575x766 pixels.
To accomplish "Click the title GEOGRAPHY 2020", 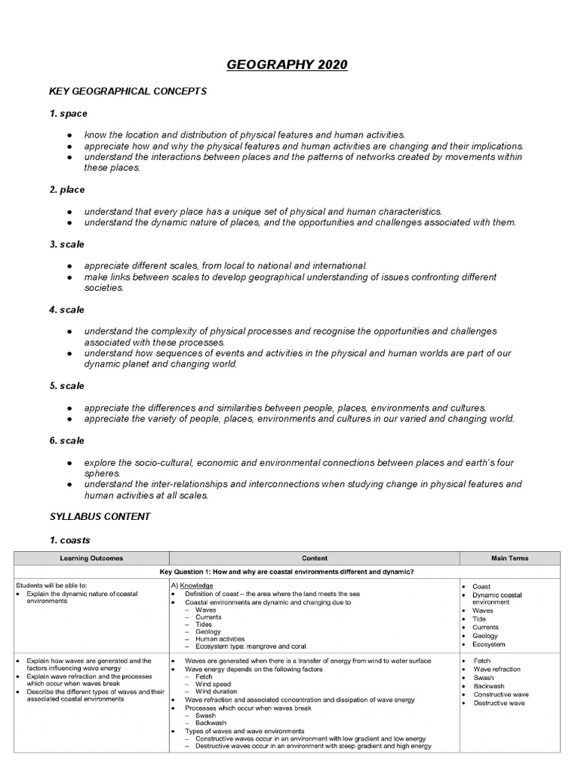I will pos(287,65).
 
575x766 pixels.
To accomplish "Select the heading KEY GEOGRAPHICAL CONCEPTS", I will pos(127,91).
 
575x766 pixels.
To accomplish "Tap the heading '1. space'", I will pos(68,114).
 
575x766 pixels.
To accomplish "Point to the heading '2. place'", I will pos(67,190).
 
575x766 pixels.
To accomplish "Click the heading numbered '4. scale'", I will pos(67,310).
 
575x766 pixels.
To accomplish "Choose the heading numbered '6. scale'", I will pos(67,441).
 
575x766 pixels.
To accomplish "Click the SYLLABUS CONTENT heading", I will pos(100,516).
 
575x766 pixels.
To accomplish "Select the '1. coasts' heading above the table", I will pos(70,539).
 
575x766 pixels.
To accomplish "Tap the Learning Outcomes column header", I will pos(91,558).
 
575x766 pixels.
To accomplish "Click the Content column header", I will pos(314,558).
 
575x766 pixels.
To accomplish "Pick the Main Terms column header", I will pos(509,558).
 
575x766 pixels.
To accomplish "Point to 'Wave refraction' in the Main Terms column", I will pos(496,670).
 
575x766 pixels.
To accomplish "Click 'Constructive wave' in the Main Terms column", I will pos(500,695).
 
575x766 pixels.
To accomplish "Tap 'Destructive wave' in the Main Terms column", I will pos(499,703).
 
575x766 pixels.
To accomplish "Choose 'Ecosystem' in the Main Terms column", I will pos(488,644).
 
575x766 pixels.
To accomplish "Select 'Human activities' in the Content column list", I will pos(220,639).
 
